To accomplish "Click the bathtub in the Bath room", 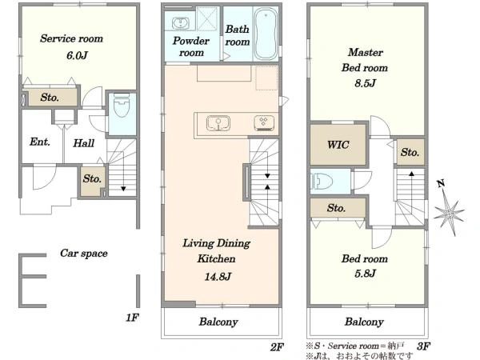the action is [x=266, y=34].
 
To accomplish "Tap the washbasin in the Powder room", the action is [x=181, y=23].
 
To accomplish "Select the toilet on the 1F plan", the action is [x=122, y=106].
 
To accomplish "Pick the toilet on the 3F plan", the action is [x=322, y=182].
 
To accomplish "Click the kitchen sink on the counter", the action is [x=218, y=123].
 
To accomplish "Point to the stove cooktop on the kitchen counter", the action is [x=264, y=123].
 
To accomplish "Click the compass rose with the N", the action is [x=449, y=210].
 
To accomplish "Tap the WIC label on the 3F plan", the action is [x=338, y=145].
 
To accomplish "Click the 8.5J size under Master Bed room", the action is [x=365, y=83].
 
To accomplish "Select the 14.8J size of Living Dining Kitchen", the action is [x=218, y=277].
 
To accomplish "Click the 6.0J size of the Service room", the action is [x=77, y=56].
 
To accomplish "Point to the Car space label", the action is [x=84, y=253].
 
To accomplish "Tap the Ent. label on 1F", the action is [x=40, y=142].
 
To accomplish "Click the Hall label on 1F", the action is [x=83, y=143].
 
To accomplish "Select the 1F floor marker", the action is [x=132, y=318].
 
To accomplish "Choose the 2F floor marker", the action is [x=277, y=347].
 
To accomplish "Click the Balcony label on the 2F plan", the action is [x=218, y=322].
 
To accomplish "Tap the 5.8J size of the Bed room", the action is [x=365, y=274].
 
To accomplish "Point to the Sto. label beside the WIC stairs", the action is [x=410, y=152].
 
